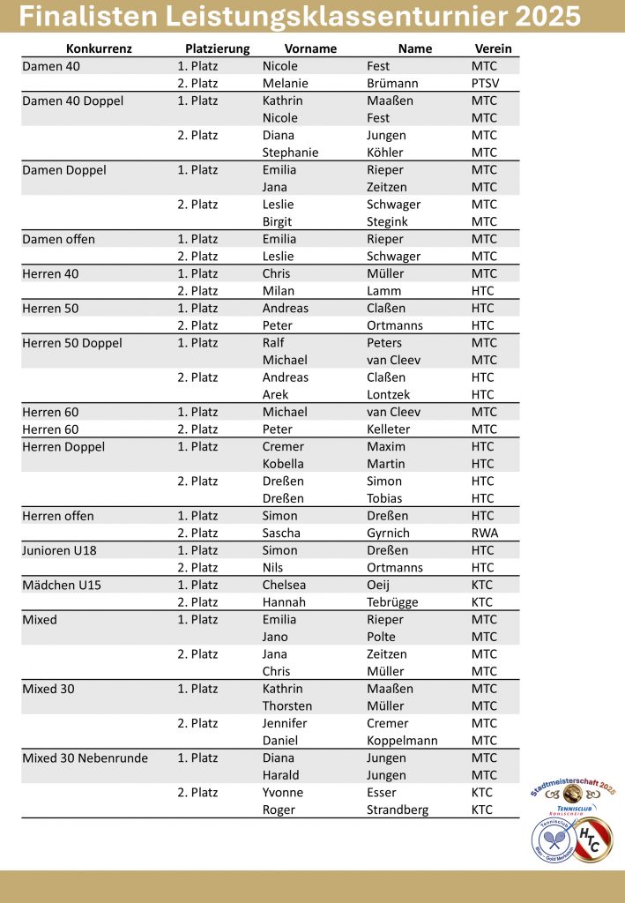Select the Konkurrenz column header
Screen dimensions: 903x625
[x=99, y=49]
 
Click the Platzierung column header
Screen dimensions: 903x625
[x=218, y=49]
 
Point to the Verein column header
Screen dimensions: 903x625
[x=493, y=49]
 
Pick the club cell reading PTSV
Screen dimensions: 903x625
[x=486, y=83]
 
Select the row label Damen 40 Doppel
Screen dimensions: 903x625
[x=72, y=101]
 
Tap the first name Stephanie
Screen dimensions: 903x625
[x=290, y=153]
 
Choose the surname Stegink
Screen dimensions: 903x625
[x=389, y=221]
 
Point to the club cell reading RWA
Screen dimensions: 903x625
[x=485, y=533]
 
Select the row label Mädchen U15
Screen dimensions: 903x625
[x=62, y=585]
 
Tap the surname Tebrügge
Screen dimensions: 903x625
[x=392, y=602]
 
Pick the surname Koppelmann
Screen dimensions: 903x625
[x=402, y=741]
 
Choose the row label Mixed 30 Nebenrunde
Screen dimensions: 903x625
[x=85, y=757]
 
